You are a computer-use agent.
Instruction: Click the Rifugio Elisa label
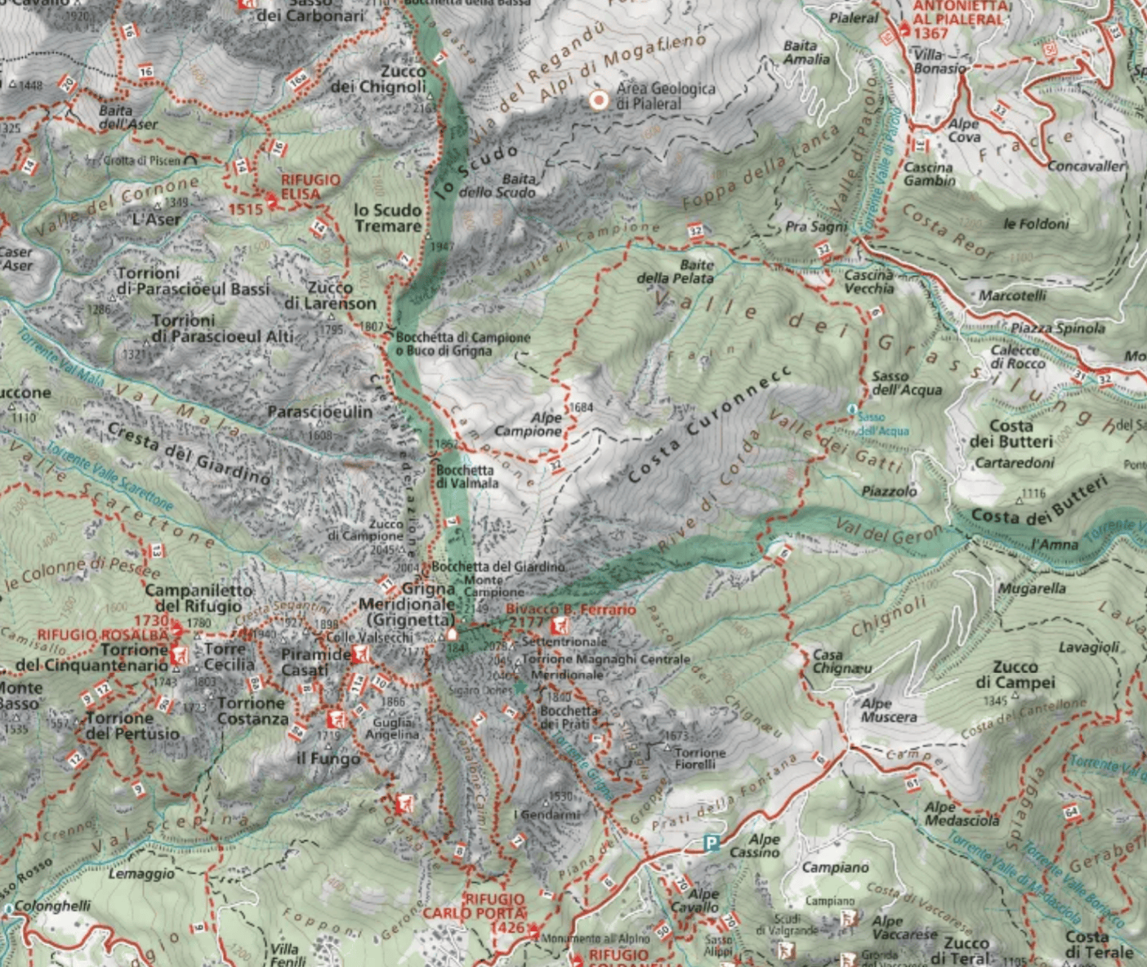300,186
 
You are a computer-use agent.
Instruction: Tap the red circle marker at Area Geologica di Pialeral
599,100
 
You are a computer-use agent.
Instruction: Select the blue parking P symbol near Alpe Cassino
712,844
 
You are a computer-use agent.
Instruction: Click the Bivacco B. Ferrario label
570,610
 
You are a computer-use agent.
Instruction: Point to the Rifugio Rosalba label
101,635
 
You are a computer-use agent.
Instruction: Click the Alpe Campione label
529,424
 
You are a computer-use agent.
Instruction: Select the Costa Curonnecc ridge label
709,424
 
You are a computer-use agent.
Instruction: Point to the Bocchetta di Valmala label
466,476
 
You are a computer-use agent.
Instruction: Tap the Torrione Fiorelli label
699,758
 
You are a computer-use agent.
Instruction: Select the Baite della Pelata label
675,271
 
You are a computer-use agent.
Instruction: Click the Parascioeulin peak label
319,412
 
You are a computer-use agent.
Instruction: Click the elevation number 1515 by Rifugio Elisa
245,209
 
